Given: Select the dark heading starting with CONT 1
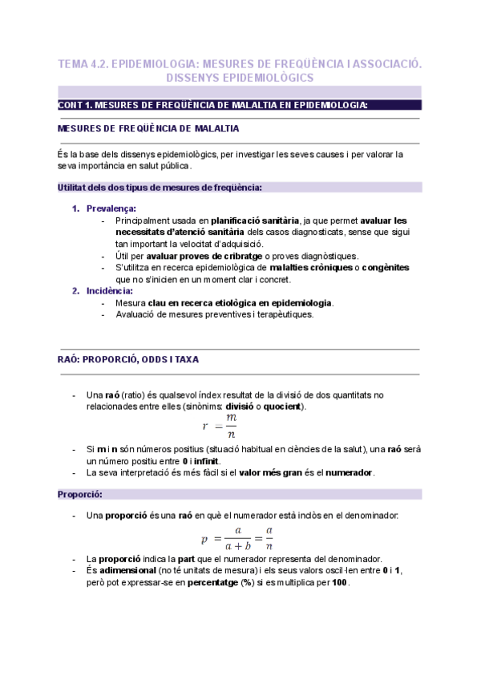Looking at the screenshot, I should click(213, 105).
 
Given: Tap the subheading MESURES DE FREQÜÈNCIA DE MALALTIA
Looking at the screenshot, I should click(148, 128).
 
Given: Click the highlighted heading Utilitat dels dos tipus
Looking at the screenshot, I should click(160, 187).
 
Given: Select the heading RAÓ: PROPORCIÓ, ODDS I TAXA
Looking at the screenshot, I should click(129, 359).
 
